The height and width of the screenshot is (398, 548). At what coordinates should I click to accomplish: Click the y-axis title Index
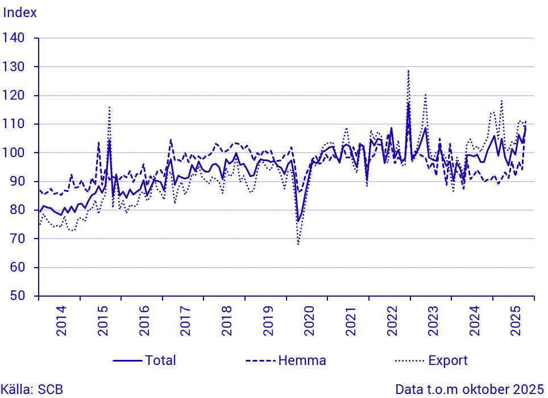[x=20, y=13]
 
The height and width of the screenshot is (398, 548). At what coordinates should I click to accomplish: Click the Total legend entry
[x=160, y=360]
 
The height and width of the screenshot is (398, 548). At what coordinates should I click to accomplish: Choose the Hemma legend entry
[x=301, y=360]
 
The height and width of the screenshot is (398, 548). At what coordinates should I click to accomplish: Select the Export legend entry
[x=448, y=360]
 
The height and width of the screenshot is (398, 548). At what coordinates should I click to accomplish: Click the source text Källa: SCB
[x=32, y=390]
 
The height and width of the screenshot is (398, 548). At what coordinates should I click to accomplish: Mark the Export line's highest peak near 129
[x=408, y=71]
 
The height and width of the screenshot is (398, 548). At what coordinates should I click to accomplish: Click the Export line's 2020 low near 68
[x=298, y=244]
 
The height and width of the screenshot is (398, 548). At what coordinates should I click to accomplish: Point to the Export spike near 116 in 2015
[x=109, y=107]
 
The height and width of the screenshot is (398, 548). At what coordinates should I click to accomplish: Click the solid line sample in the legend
[x=127, y=360]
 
